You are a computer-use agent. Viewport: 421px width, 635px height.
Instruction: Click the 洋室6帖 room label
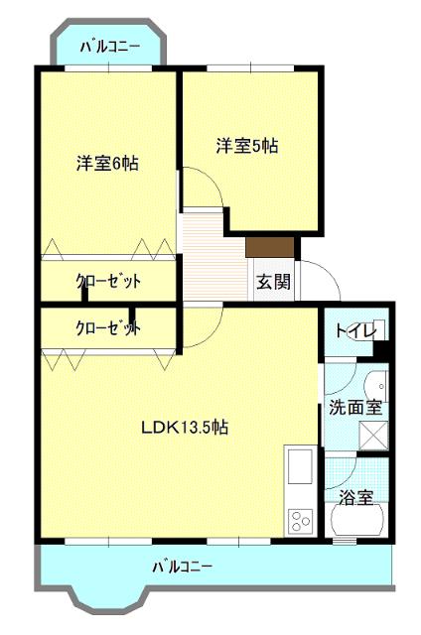[x=107, y=164]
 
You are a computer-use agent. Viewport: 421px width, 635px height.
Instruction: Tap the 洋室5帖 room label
[x=247, y=145]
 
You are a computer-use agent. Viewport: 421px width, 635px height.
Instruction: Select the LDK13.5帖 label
[x=185, y=428]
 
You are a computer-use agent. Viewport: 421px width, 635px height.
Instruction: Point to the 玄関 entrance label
[x=273, y=282]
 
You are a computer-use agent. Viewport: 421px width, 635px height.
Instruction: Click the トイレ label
[x=354, y=331]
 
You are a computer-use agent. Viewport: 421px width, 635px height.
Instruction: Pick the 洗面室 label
[x=356, y=408]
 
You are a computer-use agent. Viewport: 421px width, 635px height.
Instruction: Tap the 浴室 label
[x=355, y=497]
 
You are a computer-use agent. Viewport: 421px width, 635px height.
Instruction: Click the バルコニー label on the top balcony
[x=109, y=46]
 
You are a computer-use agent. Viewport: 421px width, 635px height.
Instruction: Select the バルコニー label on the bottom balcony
[x=182, y=568]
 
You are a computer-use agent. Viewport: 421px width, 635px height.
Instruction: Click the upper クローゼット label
[x=108, y=282]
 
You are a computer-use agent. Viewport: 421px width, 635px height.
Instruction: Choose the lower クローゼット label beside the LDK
[x=108, y=327]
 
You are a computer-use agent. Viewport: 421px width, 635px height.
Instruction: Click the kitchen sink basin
[x=299, y=466]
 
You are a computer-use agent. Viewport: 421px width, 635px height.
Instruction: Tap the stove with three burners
[x=299, y=519]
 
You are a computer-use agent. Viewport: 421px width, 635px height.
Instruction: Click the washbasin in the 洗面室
[x=376, y=387]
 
